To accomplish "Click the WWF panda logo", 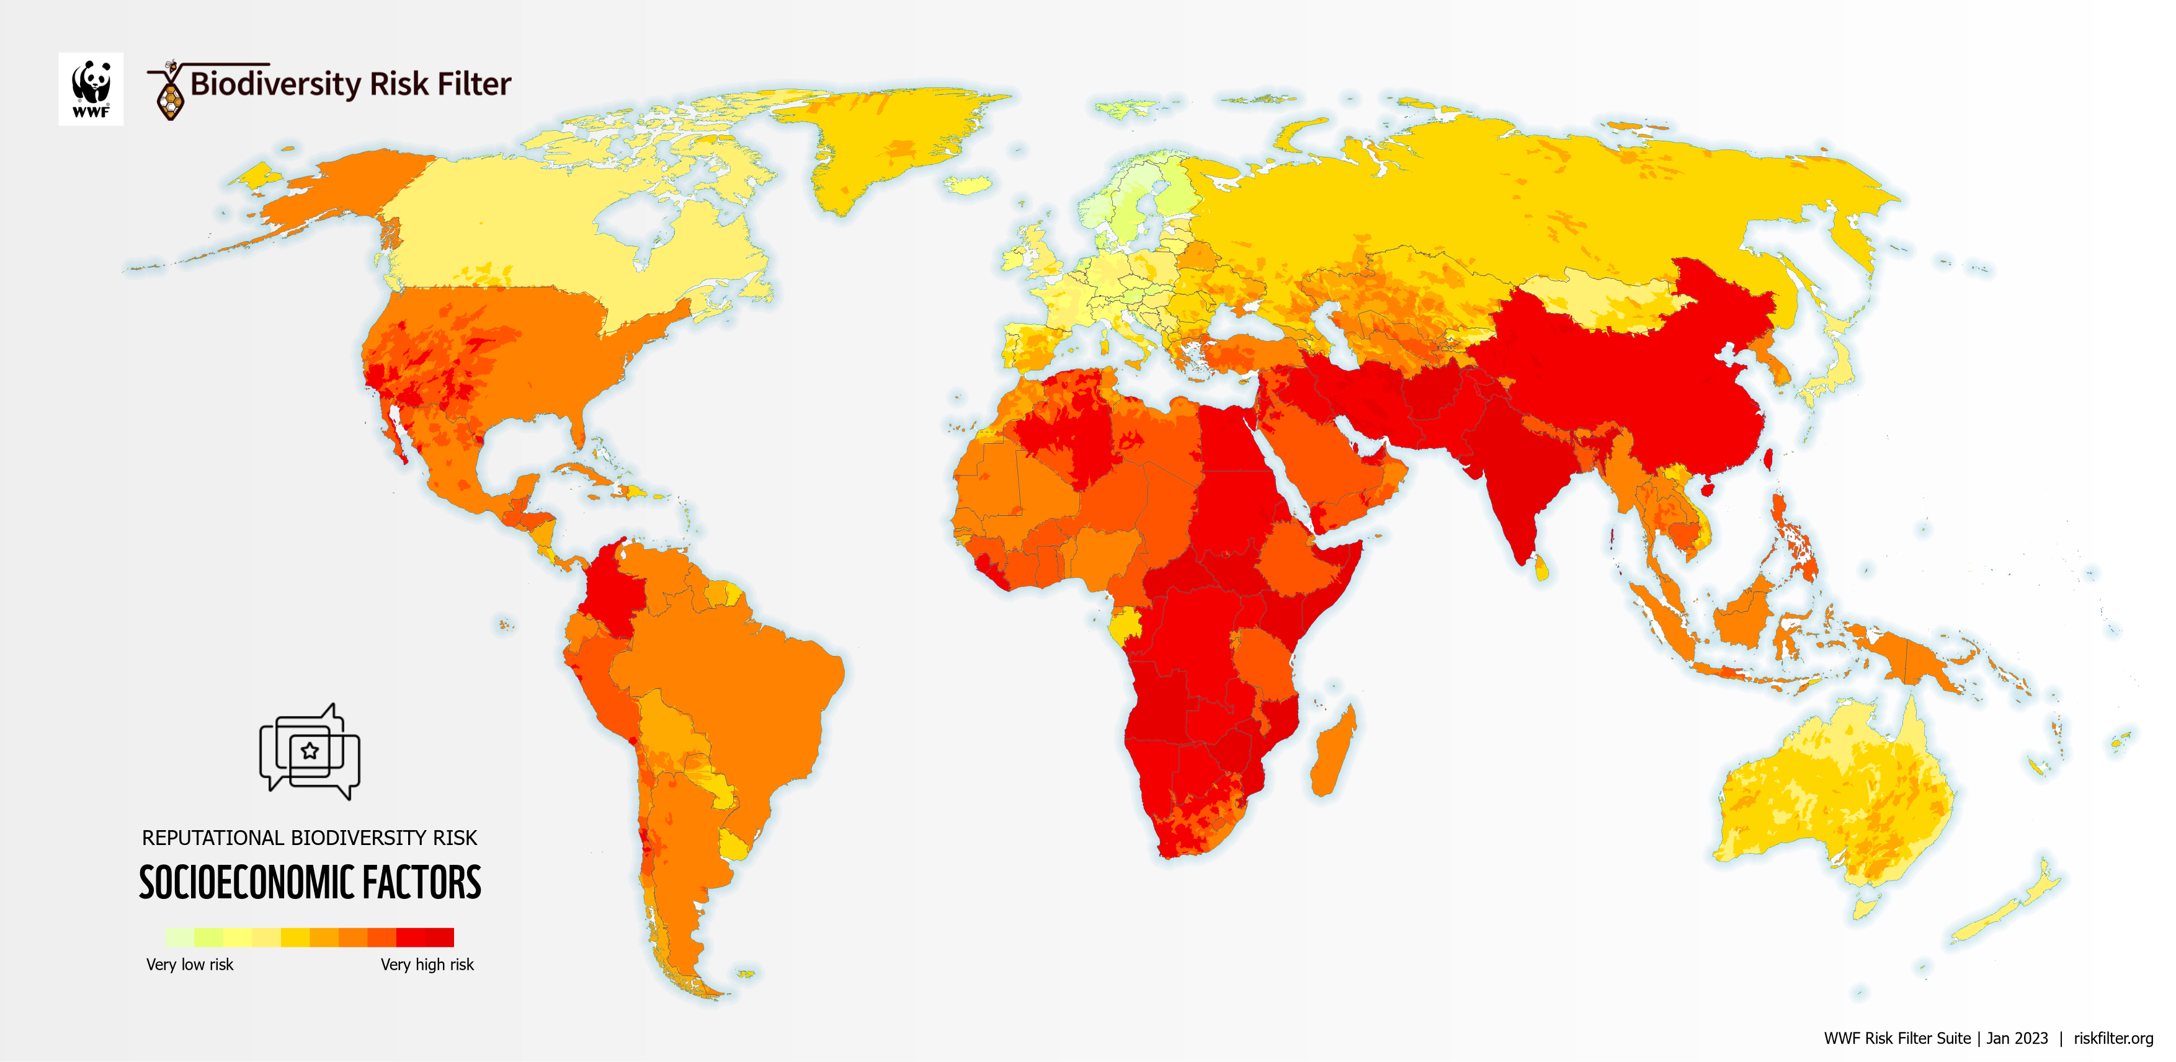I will click(91, 89).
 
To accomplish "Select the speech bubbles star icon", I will click(309, 751).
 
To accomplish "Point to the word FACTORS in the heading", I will click(422, 883).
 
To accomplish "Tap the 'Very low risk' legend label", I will click(189, 964).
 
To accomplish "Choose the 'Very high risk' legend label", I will click(427, 964).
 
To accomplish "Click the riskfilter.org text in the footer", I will click(2113, 1038).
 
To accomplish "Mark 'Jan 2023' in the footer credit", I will click(2017, 1038).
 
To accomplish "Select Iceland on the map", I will click(968, 185).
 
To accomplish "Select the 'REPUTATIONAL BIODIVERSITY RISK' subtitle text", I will click(309, 838).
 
